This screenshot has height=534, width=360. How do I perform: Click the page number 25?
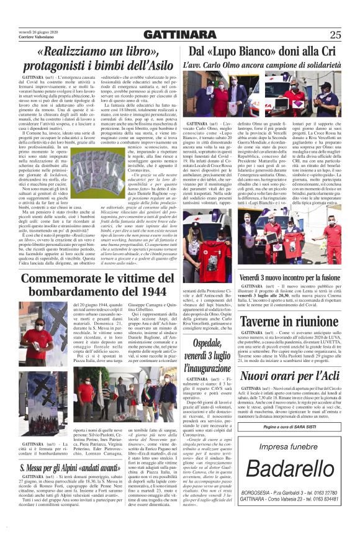[335, 34]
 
